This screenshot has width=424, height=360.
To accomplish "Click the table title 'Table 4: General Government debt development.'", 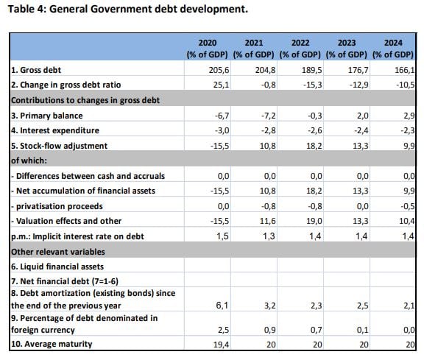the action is (x=127, y=9).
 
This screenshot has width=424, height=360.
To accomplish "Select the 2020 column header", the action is (x=208, y=49).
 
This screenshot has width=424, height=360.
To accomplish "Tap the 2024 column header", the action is (x=393, y=49).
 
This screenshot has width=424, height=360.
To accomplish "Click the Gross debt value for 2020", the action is (x=219, y=70).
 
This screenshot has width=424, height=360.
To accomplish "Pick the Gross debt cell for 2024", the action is (x=405, y=70).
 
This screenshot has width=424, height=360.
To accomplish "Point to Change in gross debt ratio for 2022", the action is (x=313, y=85).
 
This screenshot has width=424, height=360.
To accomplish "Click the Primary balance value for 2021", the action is (x=269, y=116).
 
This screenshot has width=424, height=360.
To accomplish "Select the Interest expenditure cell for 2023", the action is (x=361, y=130).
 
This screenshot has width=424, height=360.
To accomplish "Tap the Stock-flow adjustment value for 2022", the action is (x=314, y=146).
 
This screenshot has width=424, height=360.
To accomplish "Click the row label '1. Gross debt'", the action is (x=36, y=70).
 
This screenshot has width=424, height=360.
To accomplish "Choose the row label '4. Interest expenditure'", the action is (x=55, y=130).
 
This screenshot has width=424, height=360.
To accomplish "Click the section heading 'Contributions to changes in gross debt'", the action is (x=85, y=100).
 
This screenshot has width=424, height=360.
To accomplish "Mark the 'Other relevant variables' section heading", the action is (x=58, y=252).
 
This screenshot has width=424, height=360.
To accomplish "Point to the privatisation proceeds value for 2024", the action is (x=408, y=206).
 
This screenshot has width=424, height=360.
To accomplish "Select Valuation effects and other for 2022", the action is (x=314, y=222).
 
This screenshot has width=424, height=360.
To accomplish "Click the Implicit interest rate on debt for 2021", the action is (x=269, y=236).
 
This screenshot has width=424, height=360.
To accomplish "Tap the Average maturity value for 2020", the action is (x=221, y=345).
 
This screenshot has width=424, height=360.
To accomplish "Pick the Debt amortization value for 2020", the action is (x=222, y=306).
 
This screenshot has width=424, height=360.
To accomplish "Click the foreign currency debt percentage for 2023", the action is (x=362, y=330).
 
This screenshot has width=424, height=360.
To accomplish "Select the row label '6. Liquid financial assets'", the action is (x=57, y=267).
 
